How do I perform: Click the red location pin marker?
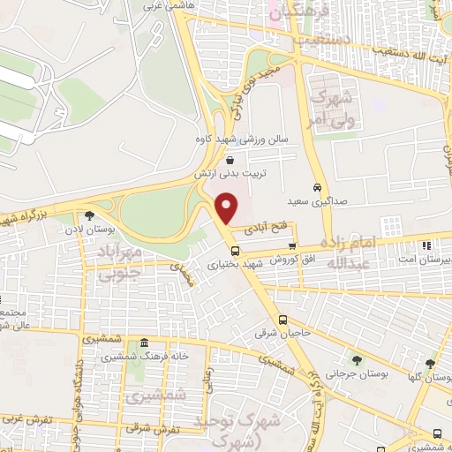[x=228, y=208]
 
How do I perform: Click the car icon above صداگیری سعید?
[x=316, y=187]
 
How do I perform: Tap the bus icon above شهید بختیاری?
[x=234, y=250]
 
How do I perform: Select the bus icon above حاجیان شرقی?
[x=282, y=320]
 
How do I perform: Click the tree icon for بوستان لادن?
[x=89, y=215]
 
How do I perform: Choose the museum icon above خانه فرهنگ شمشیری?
[x=144, y=344]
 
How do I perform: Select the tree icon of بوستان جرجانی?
[x=356, y=360]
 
